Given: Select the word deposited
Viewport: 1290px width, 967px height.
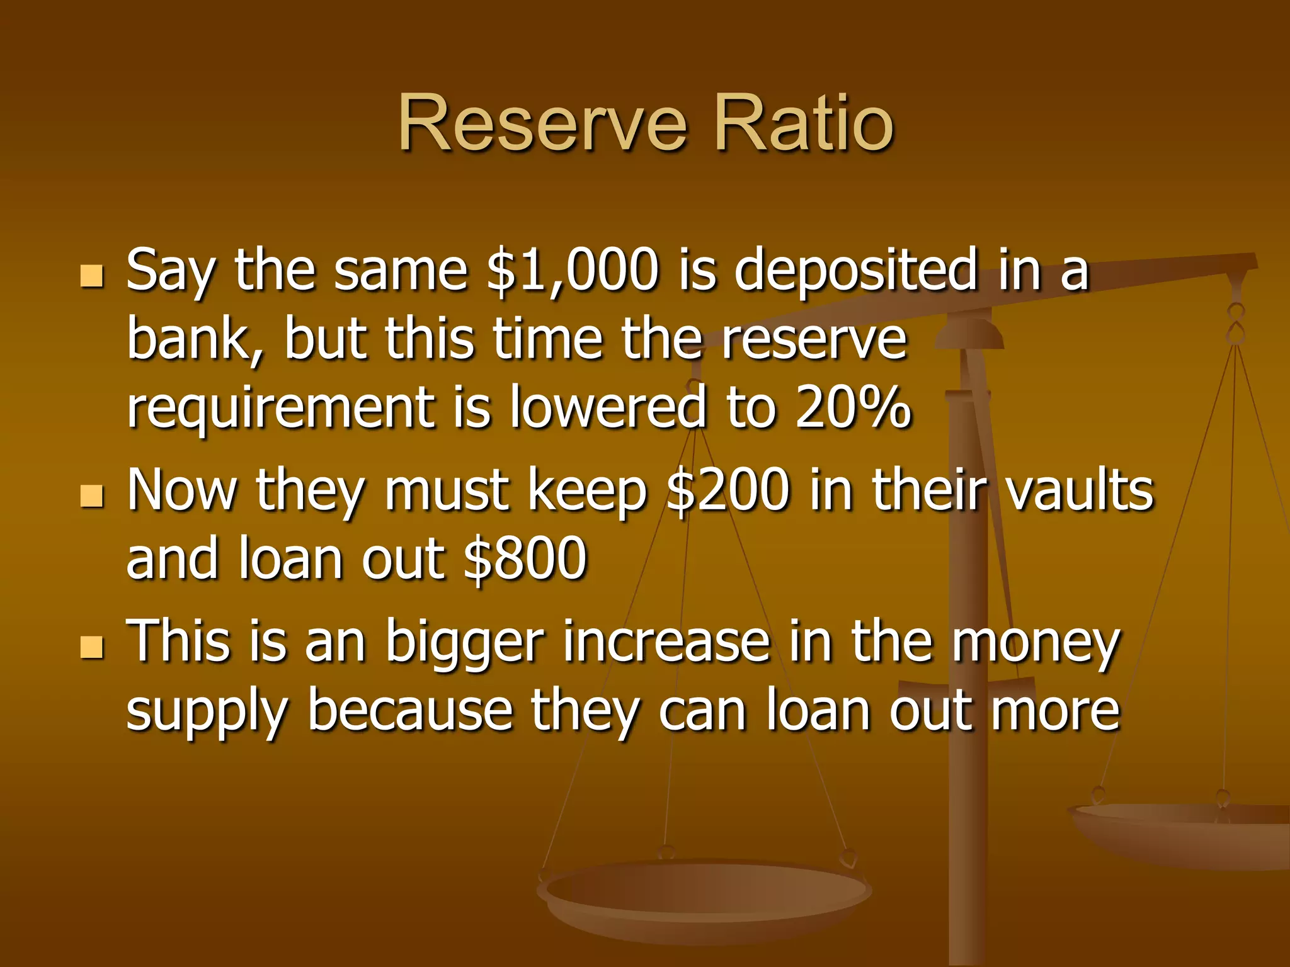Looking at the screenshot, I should (855, 271).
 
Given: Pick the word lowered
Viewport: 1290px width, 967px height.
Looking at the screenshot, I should (608, 407).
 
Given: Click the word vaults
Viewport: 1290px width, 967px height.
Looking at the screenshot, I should (1079, 491).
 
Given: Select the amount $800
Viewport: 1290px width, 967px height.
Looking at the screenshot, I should (525, 558).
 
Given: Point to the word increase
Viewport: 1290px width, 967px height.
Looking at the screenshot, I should (666, 642).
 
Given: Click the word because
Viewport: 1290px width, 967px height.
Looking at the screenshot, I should (409, 711).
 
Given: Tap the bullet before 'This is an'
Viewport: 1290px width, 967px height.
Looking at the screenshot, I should (92, 647).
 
